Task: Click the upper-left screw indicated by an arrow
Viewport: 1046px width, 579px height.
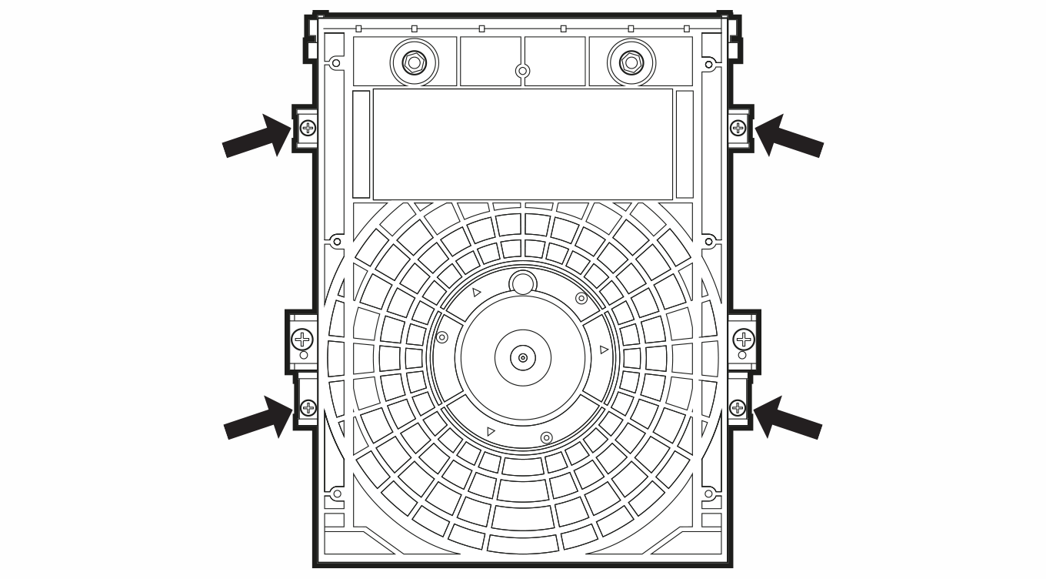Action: click(x=308, y=128)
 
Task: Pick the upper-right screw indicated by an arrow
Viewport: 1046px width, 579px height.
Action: click(x=738, y=128)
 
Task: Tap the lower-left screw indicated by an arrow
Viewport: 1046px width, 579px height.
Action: click(x=308, y=407)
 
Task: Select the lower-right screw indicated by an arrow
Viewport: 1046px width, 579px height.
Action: click(x=738, y=407)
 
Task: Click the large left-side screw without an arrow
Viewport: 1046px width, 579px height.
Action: click(x=303, y=339)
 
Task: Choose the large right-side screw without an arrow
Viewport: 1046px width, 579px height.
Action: click(x=744, y=339)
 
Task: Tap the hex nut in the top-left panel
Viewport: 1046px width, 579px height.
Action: click(x=414, y=62)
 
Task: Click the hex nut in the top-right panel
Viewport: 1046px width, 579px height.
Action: click(x=631, y=62)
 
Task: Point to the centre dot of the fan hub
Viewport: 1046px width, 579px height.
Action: click(x=523, y=358)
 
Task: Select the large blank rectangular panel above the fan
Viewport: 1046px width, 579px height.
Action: click(x=523, y=144)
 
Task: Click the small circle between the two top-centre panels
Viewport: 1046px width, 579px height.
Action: click(x=523, y=72)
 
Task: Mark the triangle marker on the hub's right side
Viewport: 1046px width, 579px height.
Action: click(x=604, y=350)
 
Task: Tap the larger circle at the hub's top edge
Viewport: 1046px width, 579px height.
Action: click(x=523, y=283)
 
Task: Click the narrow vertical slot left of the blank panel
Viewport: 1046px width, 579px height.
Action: click(x=361, y=144)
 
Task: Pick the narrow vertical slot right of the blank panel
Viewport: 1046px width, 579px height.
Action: click(x=685, y=144)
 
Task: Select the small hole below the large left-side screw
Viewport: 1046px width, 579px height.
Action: click(x=303, y=355)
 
